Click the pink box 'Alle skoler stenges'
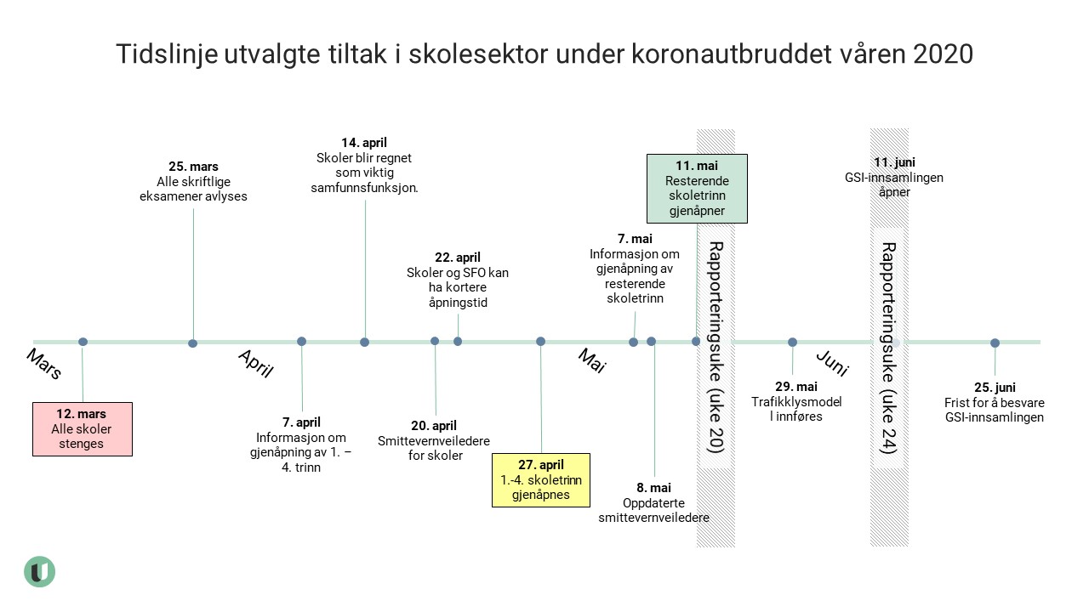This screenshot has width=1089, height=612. point(83,429)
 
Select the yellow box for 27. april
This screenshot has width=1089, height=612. point(541,479)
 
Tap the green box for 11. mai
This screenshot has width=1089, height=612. point(697,188)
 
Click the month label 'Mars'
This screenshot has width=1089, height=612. point(44,364)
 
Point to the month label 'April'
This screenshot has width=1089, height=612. point(255,363)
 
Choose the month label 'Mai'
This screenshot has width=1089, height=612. point(591,360)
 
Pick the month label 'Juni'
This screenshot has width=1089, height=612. point(832,363)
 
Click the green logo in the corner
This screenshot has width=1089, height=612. point(39,571)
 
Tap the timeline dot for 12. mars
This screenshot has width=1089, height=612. point(83,342)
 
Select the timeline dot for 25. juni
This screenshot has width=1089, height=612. point(995,343)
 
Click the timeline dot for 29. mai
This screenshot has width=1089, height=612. point(792,343)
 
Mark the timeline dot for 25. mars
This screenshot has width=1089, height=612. point(193,343)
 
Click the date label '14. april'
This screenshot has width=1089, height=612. point(364,143)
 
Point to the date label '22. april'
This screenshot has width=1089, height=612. point(458,258)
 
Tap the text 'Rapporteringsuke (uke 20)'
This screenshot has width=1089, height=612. point(716,348)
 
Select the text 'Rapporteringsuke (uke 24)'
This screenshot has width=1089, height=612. point(888,348)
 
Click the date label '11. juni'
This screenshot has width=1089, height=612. point(894,162)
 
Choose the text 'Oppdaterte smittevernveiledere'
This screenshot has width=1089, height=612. point(653,510)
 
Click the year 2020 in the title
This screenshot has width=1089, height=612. point(943,54)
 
